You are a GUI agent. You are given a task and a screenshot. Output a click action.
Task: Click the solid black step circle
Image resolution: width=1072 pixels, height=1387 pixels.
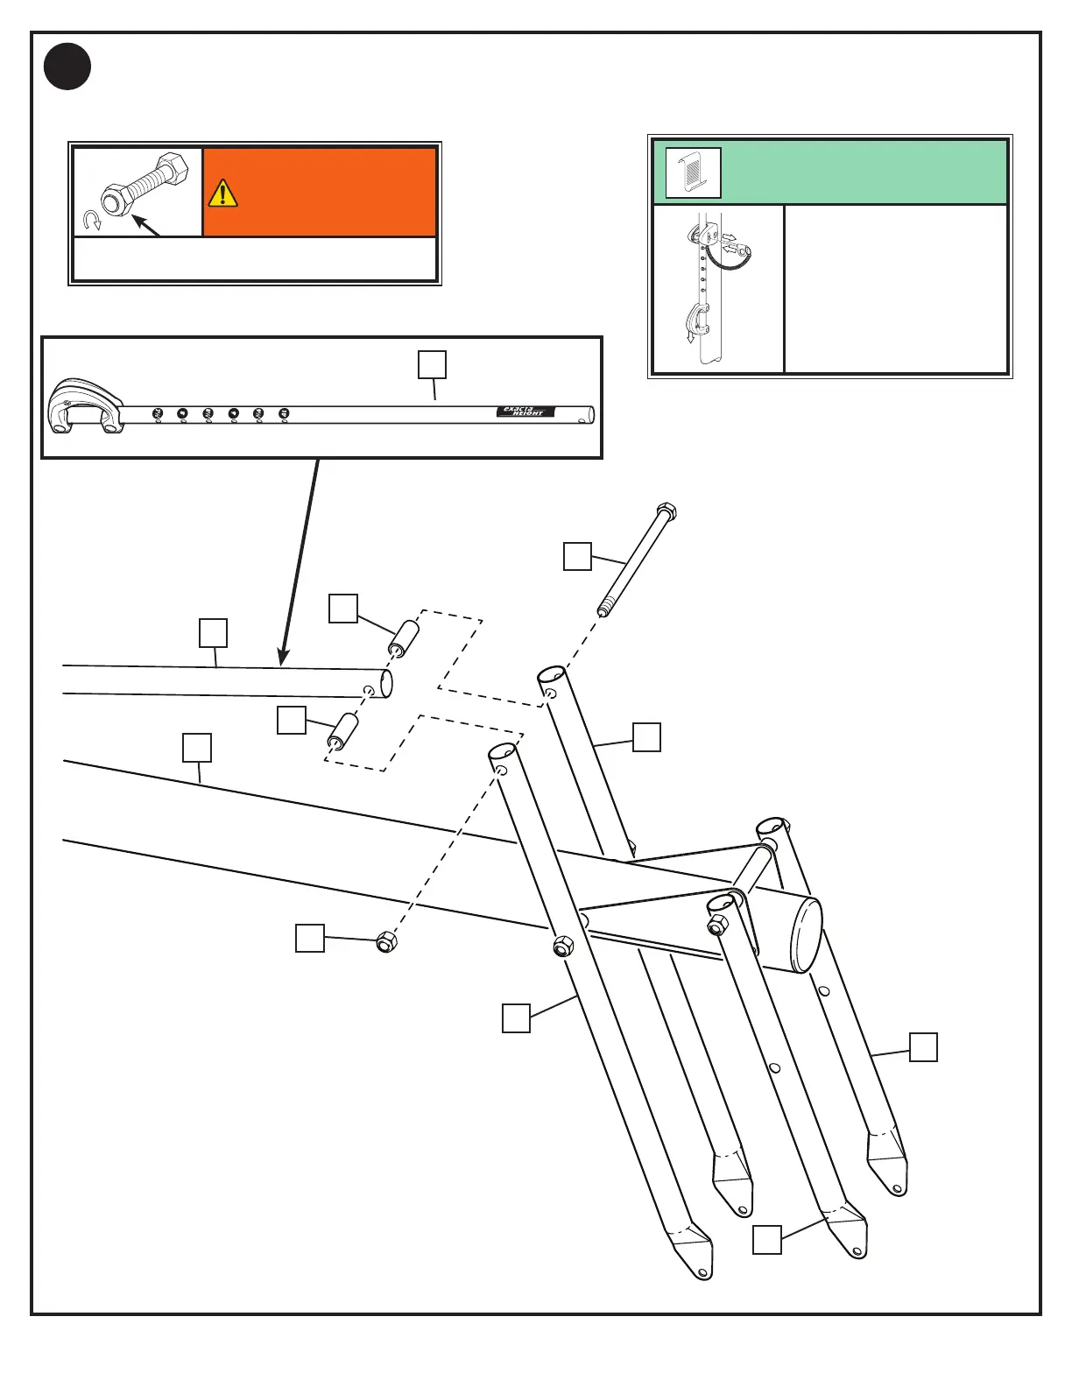coord(67,67)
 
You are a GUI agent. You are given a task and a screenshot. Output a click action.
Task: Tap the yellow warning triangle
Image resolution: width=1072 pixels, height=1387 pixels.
coord(222,194)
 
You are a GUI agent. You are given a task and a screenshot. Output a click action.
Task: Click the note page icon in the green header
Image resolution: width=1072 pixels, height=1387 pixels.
coord(693,172)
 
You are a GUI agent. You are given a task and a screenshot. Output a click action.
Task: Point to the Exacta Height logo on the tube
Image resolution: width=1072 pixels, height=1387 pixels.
coord(525,412)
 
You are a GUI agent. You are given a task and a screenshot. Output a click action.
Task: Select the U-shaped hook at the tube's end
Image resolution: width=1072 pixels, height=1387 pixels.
coord(83,407)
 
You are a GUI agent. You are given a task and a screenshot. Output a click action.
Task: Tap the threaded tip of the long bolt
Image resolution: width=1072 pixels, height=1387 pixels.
coord(603,607)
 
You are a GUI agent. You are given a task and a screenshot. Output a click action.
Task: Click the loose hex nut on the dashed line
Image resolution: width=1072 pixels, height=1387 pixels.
coord(386,943)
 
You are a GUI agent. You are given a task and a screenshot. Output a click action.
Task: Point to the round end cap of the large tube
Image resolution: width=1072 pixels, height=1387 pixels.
coord(808,935)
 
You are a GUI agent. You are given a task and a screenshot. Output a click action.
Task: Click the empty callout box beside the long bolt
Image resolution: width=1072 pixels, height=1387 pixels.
coord(577,557)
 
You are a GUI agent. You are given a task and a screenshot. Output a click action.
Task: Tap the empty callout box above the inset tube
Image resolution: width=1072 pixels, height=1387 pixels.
coord(432,365)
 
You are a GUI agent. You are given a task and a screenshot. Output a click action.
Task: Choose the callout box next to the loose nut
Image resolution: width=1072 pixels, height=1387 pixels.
coord(309,938)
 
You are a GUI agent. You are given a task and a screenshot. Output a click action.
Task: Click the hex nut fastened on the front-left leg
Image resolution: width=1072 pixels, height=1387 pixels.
coord(563,947)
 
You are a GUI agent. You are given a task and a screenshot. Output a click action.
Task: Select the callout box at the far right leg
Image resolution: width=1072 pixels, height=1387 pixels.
coord(923,1047)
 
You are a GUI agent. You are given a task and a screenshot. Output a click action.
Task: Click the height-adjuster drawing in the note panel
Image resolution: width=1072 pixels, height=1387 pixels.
coord(717,287)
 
